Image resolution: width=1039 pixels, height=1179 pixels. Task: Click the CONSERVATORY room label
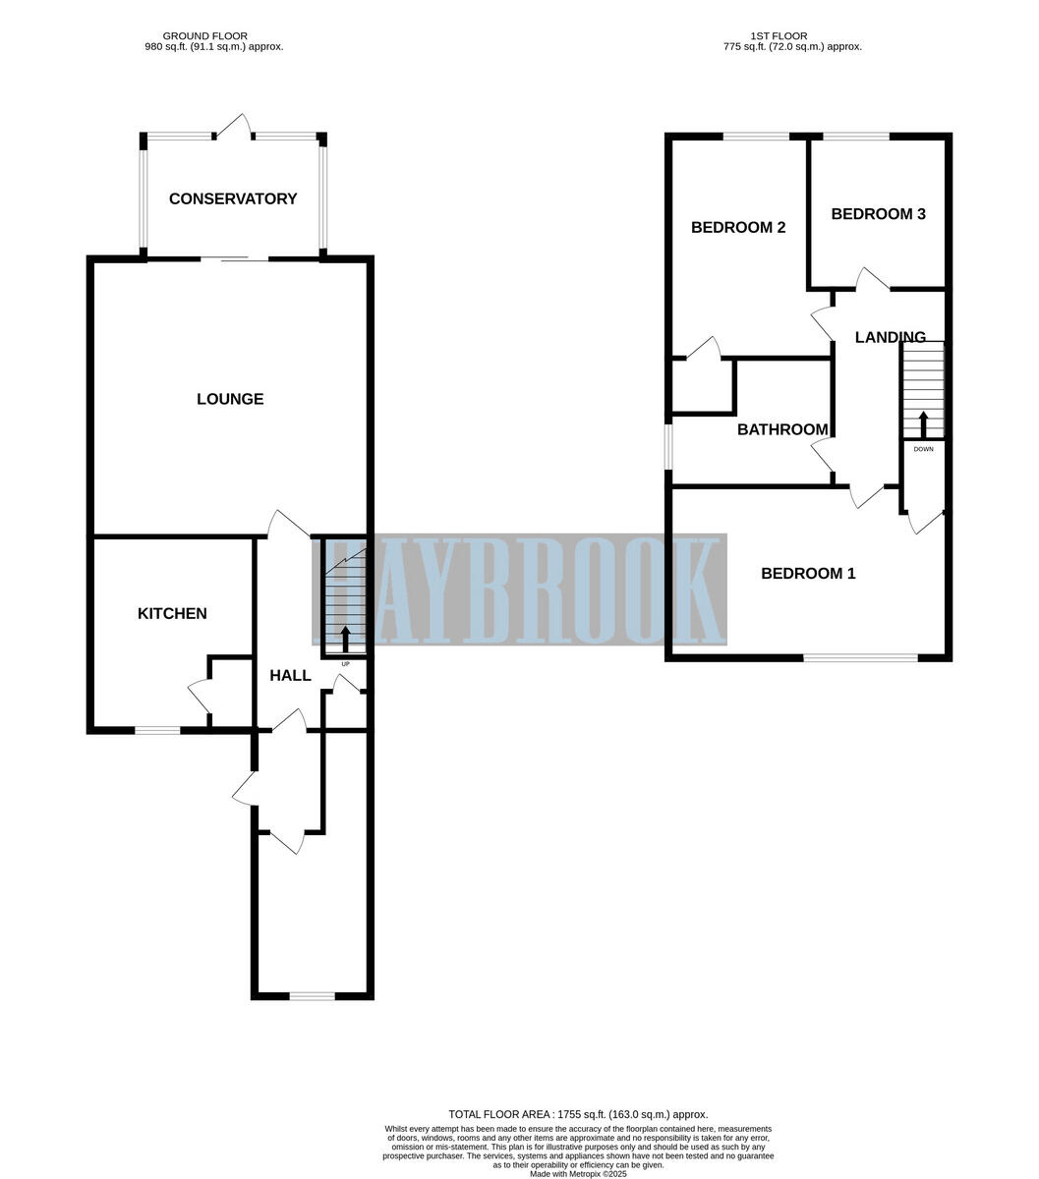tap(233, 199)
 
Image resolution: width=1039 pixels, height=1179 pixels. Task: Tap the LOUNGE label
tap(230, 399)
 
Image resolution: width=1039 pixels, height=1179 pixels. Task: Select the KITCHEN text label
tap(172, 614)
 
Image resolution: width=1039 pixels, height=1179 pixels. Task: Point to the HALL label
tap(290, 676)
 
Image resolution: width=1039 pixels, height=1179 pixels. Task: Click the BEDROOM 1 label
tap(808, 574)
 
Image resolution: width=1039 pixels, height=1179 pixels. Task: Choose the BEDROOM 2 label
tap(738, 228)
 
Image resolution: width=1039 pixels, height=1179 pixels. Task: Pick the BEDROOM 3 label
tap(878, 214)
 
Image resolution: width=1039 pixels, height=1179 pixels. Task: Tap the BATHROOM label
tap(782, 430)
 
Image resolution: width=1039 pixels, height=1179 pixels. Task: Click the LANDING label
tap(890, 338)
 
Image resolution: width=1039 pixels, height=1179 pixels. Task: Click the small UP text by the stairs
tap(345, 664)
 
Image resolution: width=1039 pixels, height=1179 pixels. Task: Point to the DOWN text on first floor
tap(923, 449)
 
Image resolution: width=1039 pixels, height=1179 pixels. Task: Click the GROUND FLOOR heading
tap(204, 36)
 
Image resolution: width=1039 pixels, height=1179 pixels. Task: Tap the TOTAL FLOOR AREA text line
tap(578, 1114)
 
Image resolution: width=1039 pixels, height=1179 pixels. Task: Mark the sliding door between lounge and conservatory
tap(235, 258)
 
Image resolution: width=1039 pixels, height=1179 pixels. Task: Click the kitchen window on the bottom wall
tap(157, 730)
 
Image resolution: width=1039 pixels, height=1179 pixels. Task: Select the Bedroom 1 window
tap(860, 657)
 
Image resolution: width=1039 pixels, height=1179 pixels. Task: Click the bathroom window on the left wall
tap(668, 446)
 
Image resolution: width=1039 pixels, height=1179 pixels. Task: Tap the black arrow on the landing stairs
tap(922, 425)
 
